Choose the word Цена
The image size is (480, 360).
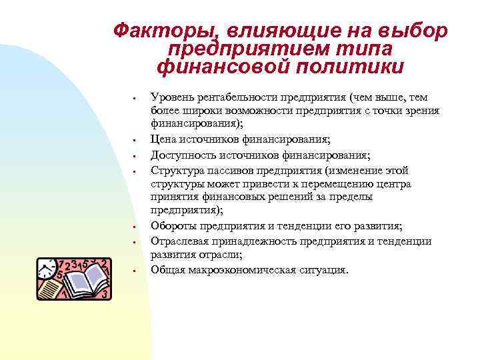(164, 139)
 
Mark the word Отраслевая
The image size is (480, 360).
(181, 241)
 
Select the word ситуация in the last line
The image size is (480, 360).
(323, 269)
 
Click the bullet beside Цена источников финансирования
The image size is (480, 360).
(135, 140)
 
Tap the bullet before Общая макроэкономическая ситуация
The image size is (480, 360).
(135, 271)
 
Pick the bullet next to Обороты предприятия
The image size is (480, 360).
(135, 227)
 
